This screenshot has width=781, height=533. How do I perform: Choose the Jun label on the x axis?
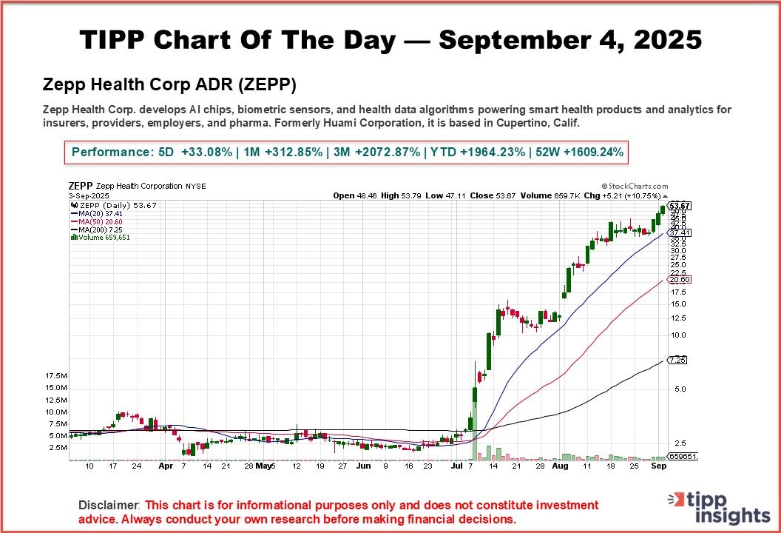click(x=363, y=467)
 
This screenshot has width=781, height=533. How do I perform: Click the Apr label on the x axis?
click(x=166, y=467)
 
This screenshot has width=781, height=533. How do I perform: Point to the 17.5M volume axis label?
click(x=57, y=376)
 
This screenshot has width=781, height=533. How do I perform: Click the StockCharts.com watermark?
click(x=635, y=187)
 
